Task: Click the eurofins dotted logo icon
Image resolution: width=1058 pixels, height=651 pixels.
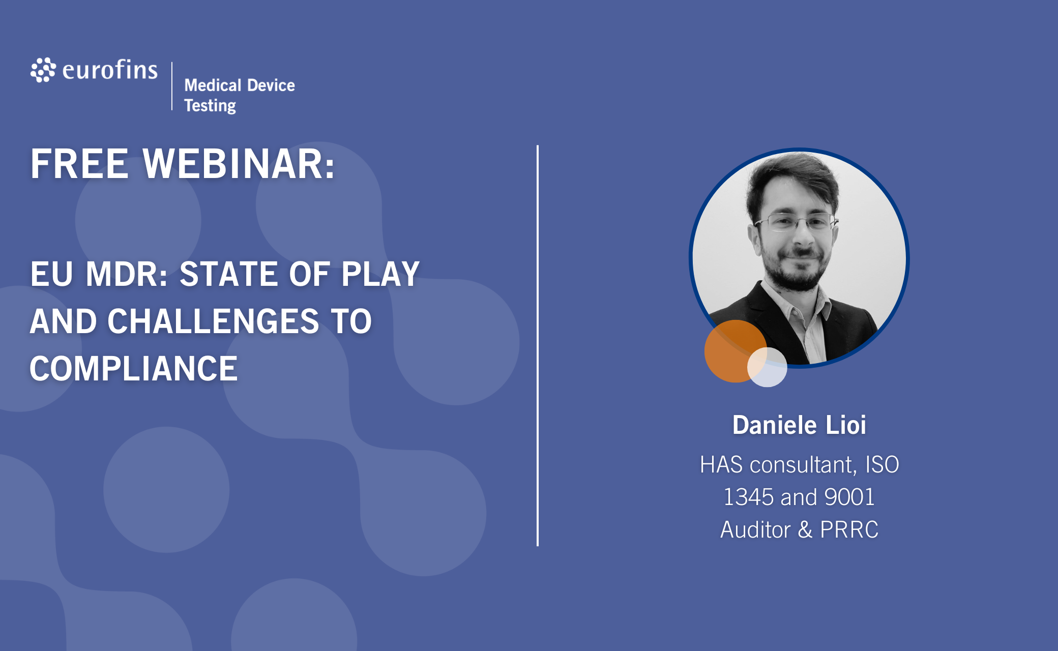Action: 43,70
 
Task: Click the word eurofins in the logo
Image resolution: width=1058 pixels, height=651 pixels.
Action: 110,70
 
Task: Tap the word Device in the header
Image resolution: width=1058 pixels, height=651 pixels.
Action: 271,85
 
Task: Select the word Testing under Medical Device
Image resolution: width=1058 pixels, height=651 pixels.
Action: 210,106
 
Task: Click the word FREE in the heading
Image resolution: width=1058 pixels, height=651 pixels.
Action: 79,164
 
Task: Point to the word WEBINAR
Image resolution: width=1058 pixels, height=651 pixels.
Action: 239,164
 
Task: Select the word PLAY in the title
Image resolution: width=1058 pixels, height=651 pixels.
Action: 380,274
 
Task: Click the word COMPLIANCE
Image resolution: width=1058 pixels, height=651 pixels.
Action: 134,369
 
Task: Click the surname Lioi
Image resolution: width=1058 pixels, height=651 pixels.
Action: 845,425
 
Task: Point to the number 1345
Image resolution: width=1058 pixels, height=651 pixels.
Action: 748,497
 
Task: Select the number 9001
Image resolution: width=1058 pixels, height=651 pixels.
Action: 849,497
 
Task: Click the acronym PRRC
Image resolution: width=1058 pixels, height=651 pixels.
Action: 849,529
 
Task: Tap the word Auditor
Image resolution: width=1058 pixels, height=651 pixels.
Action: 755,529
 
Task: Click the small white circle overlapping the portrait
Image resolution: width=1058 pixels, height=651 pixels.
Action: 767,367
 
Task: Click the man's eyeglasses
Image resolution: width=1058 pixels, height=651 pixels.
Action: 796,222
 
